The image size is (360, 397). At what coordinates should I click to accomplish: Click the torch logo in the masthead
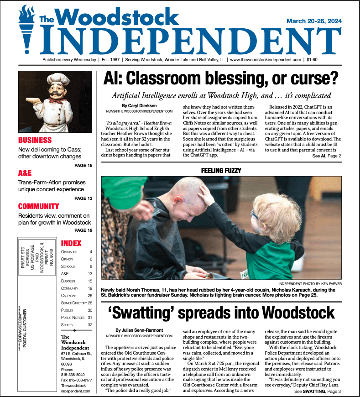[26, 30]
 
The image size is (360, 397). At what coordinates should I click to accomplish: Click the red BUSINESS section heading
[35, 140]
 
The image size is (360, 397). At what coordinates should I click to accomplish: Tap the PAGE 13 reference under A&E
[83, 198]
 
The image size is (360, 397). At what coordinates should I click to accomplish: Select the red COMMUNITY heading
[39, 206]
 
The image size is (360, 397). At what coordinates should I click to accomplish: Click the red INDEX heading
[71, 243]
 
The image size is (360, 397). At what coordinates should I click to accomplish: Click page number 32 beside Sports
[90, 325]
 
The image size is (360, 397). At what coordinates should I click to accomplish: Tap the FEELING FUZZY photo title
[221, 171]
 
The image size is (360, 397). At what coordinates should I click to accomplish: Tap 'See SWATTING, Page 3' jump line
[318, 392]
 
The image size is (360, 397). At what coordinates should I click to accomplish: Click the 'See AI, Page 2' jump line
[327, 156]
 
